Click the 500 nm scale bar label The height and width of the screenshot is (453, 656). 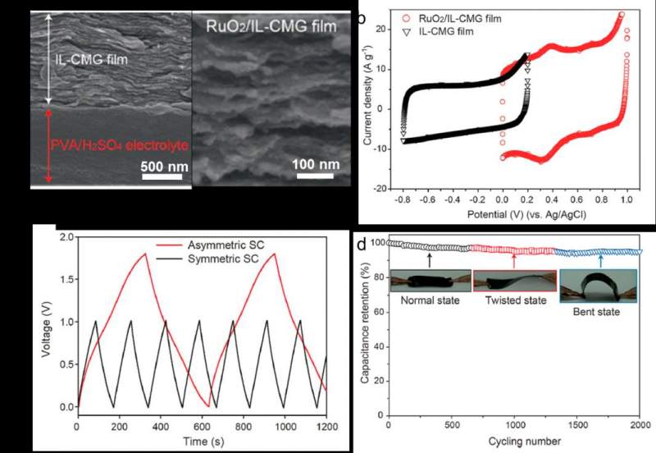click(x=162, y=167)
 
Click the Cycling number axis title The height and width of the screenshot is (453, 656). click(x=513, y=442)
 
